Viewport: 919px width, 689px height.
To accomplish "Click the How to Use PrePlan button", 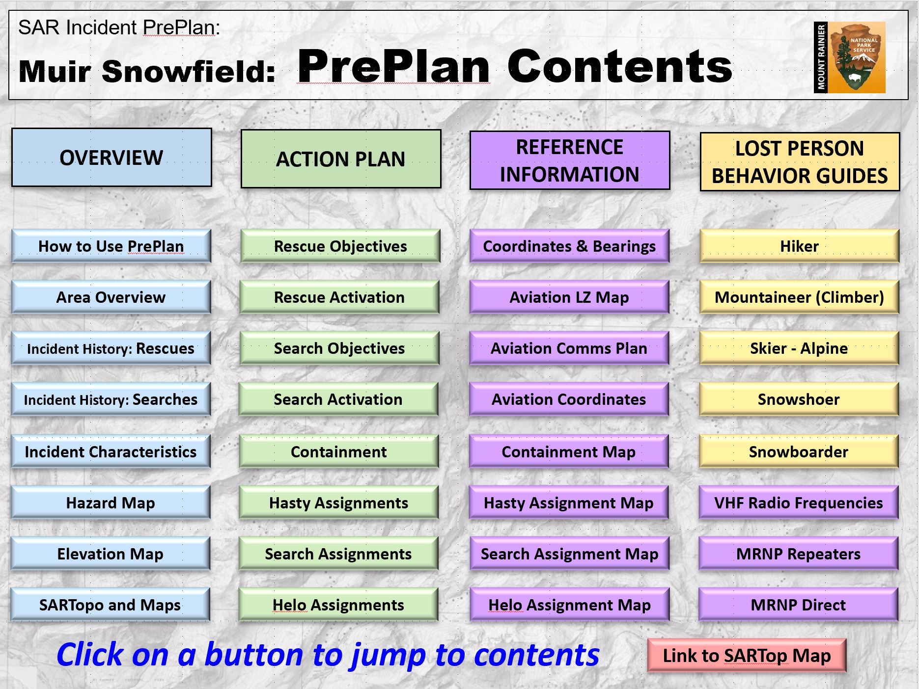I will (x=111, y=246).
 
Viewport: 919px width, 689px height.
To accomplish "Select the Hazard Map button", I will (x=111, y=503).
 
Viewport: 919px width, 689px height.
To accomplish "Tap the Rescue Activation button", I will (x=339, y=297).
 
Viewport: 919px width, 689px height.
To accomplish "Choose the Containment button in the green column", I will (x=339, y=451).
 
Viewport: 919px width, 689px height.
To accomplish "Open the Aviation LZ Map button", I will (x=569, y=297).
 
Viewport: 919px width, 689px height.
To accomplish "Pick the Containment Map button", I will (x=569, y=451).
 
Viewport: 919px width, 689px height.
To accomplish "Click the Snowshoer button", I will (x=799, y=399).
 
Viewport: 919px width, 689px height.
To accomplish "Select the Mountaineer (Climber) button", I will (x=799, y=297).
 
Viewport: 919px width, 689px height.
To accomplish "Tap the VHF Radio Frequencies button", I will (x=799, y=503).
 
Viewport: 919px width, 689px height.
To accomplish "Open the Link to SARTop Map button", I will (x=747, y=656).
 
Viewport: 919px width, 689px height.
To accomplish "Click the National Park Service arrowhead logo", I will (x=863, y=58).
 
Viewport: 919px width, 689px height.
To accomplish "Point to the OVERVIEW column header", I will (x=111, y=158).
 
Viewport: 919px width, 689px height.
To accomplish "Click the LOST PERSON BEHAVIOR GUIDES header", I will (x=800, y=162).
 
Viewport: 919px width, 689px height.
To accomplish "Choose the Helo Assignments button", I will (x=338, y=605).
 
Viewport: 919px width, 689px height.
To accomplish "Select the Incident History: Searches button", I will (x=111, y=399).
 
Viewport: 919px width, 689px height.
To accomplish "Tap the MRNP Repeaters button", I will (x=799, y=554).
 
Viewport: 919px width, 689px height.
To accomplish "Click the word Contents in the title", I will (x=619, y=67).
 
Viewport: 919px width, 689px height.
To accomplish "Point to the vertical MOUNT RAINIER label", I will (x=821, y=57).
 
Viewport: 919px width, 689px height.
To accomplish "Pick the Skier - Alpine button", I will (x=799, y=348).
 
